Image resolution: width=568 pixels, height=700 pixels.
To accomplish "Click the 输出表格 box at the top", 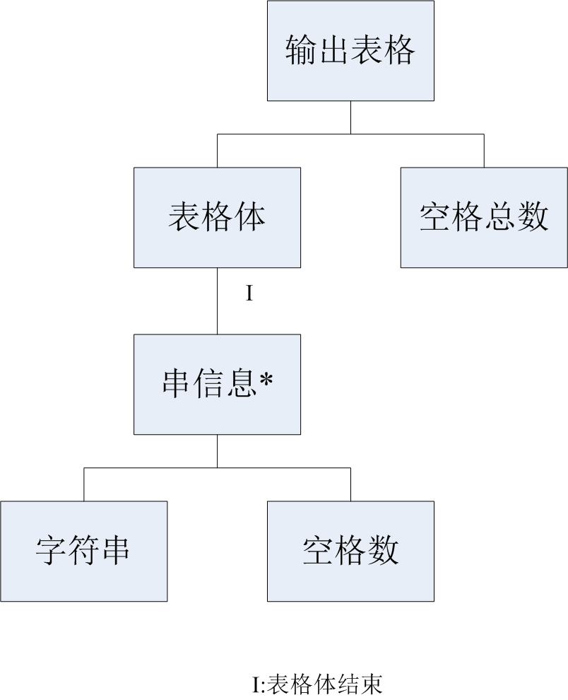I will [x=350, y=50].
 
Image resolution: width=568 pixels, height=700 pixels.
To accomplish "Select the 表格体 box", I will [x=217, y=217].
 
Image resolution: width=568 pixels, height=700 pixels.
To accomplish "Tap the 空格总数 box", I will [x=484, y=217].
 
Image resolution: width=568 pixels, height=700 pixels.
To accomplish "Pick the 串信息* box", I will [x=217, y=384].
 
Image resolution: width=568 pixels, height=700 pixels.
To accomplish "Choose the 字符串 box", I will [x=83, y=551].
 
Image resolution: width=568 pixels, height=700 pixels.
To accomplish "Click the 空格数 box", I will [x=350, y=551].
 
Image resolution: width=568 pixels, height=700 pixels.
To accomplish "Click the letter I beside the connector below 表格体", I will [x=249, y=293].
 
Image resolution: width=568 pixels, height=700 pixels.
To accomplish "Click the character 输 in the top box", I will [x=302, y=51].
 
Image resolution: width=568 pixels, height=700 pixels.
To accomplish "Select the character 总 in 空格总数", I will [x=500, y=217].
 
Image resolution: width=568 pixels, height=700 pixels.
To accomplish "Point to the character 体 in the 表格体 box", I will [x=250, y=217].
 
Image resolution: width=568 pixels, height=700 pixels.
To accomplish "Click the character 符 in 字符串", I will [x=83, y=551].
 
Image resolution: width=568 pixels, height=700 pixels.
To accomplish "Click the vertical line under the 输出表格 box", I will [x=350, y=117].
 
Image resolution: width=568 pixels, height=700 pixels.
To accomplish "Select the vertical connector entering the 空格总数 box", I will [x=484, y=151].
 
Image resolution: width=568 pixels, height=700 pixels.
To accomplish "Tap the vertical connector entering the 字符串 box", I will [x=83, y=484].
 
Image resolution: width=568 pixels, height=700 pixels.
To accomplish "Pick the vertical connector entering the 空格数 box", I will [x=350, y=484].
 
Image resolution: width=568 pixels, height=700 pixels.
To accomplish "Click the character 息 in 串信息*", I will [x=242, y=384].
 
